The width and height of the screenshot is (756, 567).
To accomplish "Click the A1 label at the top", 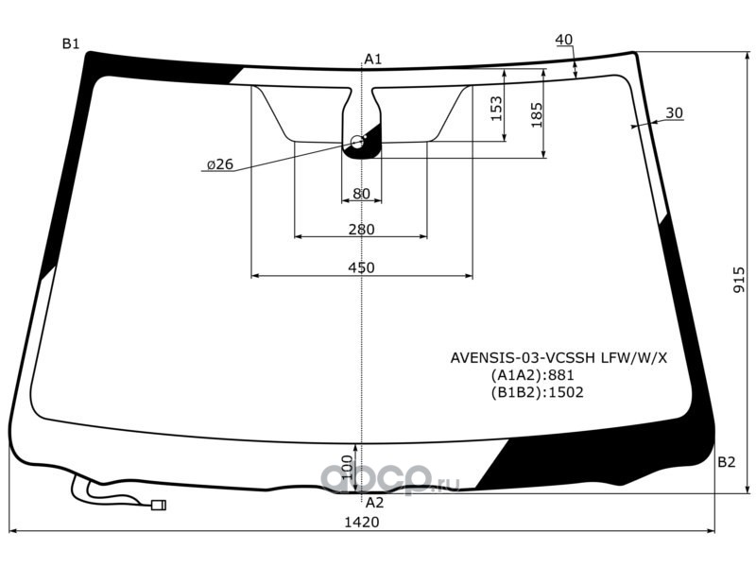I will click(372, 60).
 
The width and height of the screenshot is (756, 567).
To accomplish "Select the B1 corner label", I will click(71, 43).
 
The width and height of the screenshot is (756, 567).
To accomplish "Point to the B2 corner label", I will click(726, 462).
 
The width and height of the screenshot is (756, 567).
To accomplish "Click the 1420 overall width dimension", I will click(361, 522).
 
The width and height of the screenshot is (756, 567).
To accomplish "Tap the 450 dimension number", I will click(361, 267).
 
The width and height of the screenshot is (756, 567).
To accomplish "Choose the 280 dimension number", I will click(361, 229).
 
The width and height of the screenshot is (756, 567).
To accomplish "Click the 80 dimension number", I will click(361, 194).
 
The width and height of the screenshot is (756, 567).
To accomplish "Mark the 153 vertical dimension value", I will click(496, 110).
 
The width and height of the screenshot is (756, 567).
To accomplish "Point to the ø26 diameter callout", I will click(218, 164).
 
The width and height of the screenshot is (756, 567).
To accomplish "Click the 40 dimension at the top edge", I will click(563, 40).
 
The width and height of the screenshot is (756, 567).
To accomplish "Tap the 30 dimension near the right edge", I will click(674, 113).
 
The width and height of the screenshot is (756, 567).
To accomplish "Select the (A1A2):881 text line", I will click(533, 375).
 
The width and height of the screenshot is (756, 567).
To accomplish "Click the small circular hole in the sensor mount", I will click(357, 142).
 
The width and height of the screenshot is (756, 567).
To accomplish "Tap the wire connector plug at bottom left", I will click(158, 506).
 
